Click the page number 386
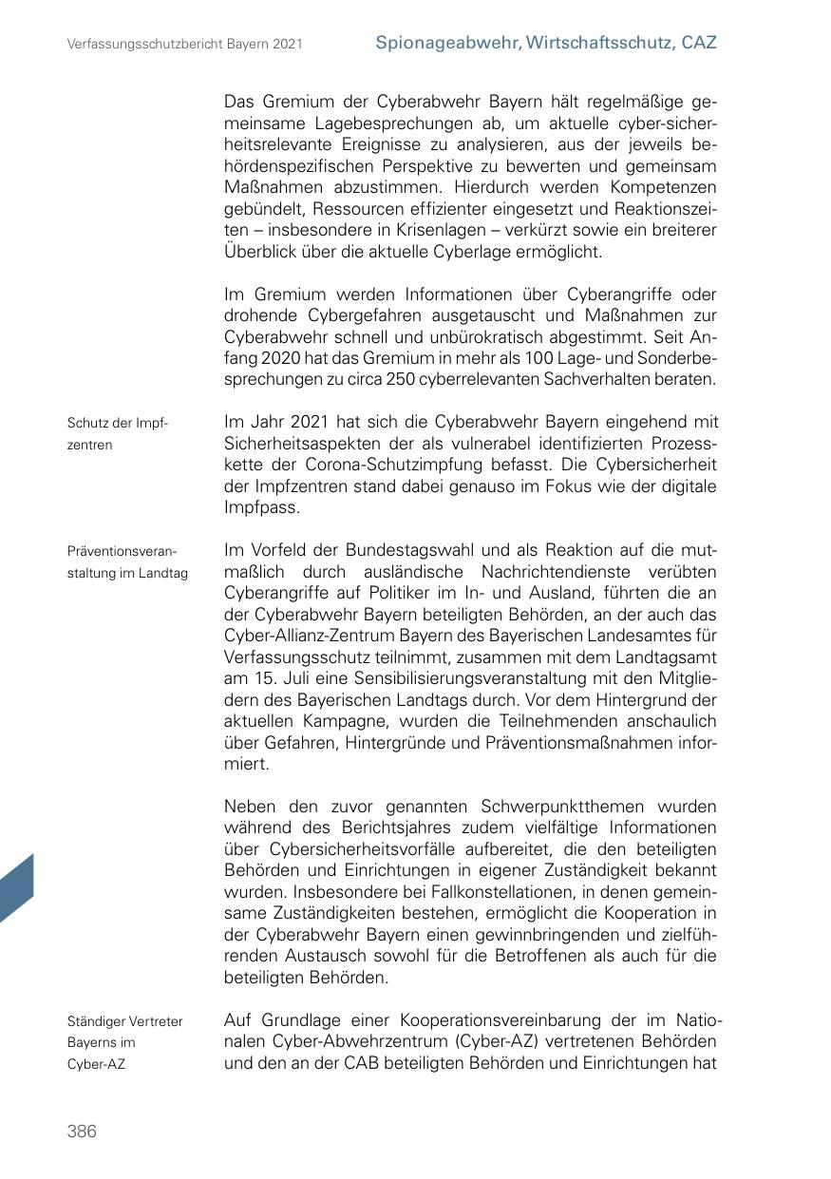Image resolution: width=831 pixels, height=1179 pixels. coord(82,1131)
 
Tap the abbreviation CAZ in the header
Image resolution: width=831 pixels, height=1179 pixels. coord(699,43)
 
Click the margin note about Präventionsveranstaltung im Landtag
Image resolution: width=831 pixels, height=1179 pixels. coord(127,561)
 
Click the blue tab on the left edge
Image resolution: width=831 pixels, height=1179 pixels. coord(16,888)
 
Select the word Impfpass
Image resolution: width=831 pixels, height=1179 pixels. coord(261,507)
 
